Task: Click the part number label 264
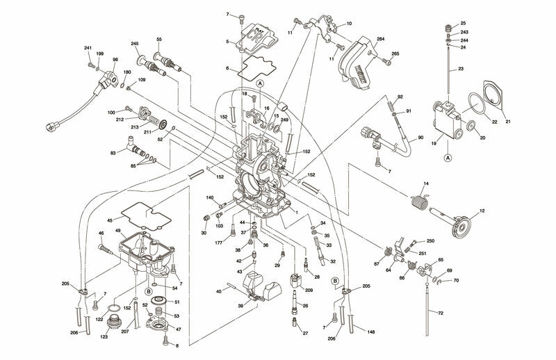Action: (x=380, y=40)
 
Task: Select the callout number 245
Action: (x=135, y=43)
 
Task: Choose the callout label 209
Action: (x=309, y=290)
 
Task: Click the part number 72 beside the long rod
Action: (x=440, y=313)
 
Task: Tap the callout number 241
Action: (x=88, y=48)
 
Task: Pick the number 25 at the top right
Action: (x=464, y=23)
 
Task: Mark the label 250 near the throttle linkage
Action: (x=430, y=240)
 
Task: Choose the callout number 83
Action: (x=113, y=152)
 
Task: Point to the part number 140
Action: (x=209, y=198)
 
